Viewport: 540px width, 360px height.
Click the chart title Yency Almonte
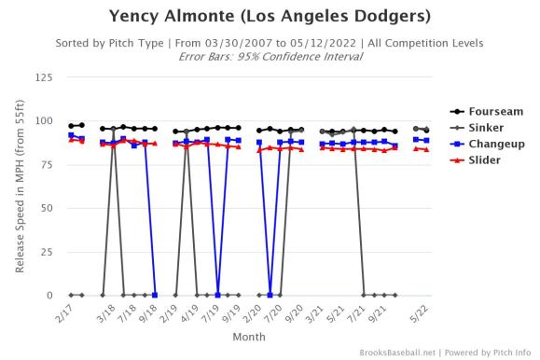click(270, 17)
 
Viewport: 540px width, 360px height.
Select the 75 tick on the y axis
click(46, 165)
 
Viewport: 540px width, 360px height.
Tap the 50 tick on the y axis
click(46, 208)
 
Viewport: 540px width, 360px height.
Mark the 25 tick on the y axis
click(46, 252)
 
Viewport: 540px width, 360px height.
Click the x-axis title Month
click(248, 336)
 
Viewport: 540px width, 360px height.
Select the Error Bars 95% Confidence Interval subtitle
click(270, 55)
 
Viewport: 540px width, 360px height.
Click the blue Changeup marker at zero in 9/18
click(155, 295)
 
